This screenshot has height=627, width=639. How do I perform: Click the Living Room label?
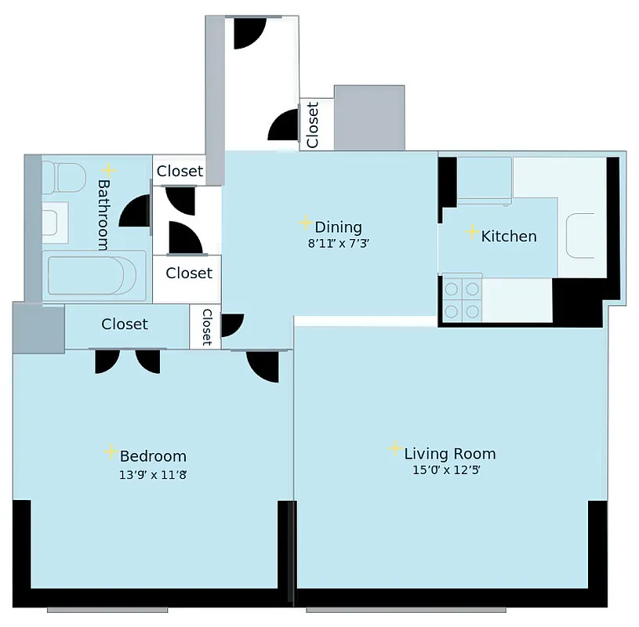tap(449, 453)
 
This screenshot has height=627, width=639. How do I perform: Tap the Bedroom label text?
tap(153, 456)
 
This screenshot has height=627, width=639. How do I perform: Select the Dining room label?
tap(338, 227)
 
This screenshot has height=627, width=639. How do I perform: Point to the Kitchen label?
tap(508, 235)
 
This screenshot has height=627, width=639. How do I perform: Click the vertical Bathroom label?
tap(103, 214)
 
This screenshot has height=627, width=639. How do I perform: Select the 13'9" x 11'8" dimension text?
tap(153, 473)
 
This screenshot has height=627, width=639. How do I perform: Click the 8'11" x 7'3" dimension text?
tap(338, 243)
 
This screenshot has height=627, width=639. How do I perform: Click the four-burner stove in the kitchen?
tap(461, 299)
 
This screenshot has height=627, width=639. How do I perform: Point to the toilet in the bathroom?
tap(63, 178)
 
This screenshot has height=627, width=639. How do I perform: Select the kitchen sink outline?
tap(581, 235)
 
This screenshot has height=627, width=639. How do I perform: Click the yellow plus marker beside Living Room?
tap(395, 448)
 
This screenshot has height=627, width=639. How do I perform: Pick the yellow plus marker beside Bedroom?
tap(111, 452)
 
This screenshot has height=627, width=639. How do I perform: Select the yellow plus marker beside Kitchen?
tap(472, 232)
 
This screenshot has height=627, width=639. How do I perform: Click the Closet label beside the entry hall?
tap(313, 124)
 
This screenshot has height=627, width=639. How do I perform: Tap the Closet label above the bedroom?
tap(125, 324)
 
